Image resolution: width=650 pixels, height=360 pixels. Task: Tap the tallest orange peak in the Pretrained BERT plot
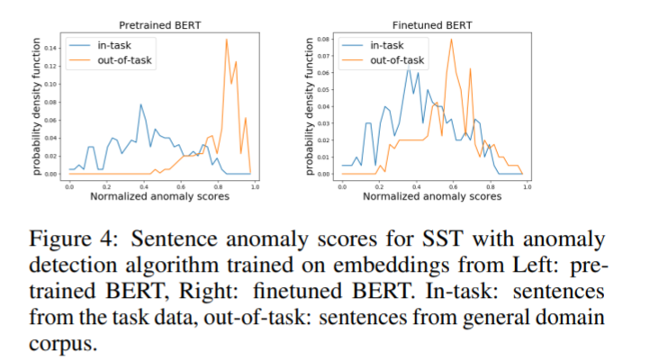tap(226, 40)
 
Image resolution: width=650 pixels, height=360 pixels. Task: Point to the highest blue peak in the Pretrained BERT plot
tap(140, 104)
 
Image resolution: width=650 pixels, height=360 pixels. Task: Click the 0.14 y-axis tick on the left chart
tap(50, 47)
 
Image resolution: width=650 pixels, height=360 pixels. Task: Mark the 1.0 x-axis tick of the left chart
tap(255, 184)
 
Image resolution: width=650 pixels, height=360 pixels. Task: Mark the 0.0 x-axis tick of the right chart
tap(341, 184)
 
